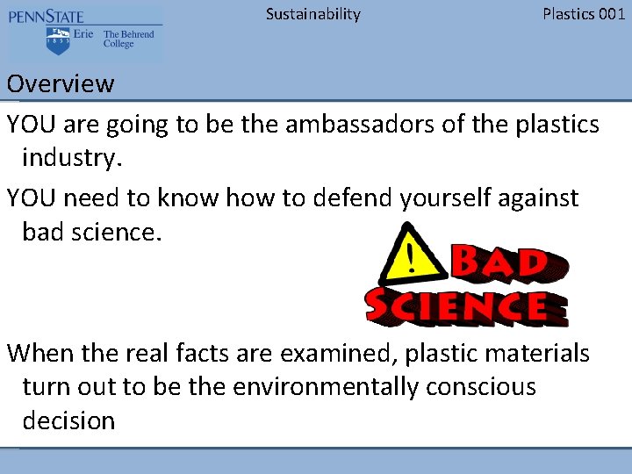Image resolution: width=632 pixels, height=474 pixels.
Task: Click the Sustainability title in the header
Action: [312, 14]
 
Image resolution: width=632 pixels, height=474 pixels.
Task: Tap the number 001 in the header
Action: [610, 14]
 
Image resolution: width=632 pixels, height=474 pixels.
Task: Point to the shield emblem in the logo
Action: [56, 39]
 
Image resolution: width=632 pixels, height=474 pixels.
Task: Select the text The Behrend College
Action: [128, 39]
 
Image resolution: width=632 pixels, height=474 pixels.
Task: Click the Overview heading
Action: [61, 84]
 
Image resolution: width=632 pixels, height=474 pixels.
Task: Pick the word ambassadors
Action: [358, 124]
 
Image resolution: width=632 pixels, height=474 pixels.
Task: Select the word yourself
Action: [450, 198]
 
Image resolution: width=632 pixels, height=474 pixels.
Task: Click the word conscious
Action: [481, 387]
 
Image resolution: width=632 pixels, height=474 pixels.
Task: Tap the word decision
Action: [68, 420]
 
